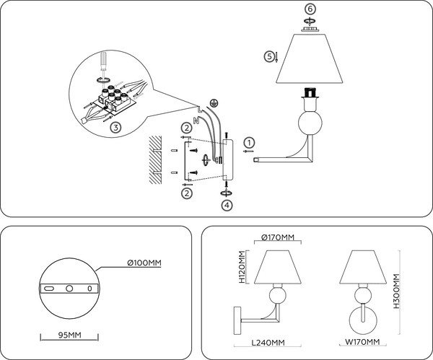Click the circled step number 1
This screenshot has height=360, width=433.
tap(248, 142)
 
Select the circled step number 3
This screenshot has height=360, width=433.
tap(116, 127)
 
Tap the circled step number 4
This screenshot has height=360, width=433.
tap(227, 206)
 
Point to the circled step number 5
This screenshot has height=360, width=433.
tap(268, 56)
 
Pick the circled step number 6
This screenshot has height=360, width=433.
tap(310, 9)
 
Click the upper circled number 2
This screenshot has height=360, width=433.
tap(186, 128)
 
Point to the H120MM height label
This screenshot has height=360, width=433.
tap(243, 266)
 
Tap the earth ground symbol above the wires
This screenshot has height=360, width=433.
tap(214, 103)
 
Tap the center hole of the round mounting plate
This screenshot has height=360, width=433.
tap(69, 289)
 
